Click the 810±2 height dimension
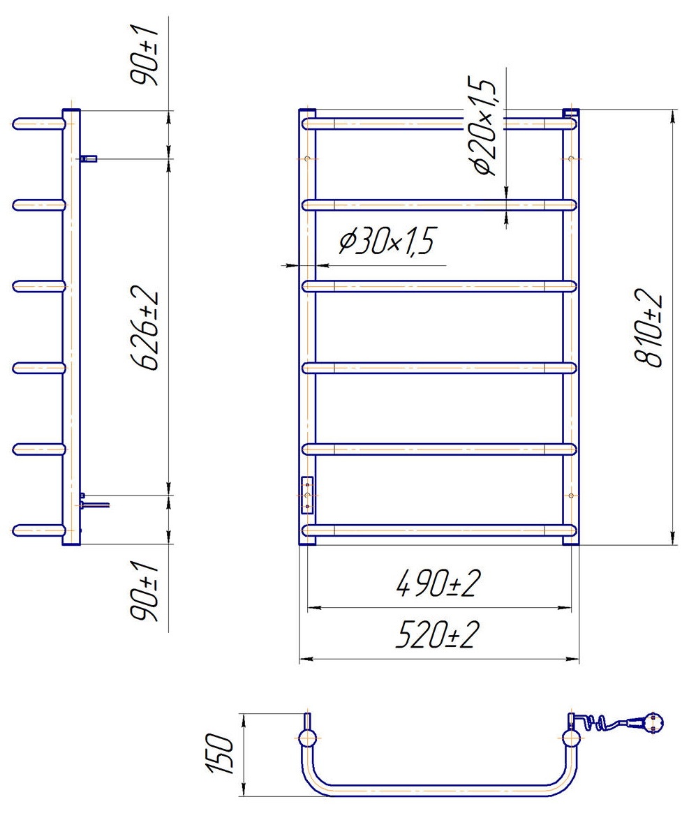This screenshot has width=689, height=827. coord(647,327)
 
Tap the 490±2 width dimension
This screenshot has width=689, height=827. coord(438,583)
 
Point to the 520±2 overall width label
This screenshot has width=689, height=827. coord(438,635)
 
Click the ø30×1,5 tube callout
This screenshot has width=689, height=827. coord(387,241)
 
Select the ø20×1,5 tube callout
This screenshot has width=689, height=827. coord(482,126)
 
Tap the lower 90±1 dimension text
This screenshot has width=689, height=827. coord(145,590)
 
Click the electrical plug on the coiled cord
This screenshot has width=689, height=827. coord(648,722)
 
